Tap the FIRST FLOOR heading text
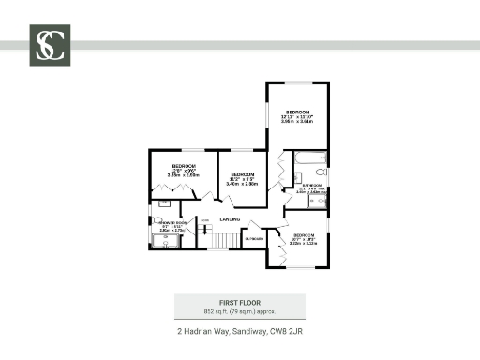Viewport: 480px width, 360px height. pos(239,302)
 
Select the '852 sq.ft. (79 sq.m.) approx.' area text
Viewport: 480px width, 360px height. pos(239,310)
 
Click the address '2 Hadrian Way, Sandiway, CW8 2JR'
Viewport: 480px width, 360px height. pos(239,331)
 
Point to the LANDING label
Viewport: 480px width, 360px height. pos(230,218)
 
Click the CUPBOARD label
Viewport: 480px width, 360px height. pos(255,239)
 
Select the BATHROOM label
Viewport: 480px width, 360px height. pos(311,186)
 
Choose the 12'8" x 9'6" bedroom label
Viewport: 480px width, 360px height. pos(184,170)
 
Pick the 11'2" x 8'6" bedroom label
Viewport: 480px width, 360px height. pos(243,178)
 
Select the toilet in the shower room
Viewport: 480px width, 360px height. pos(157,221)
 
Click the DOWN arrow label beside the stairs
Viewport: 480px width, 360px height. pos(204,221)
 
